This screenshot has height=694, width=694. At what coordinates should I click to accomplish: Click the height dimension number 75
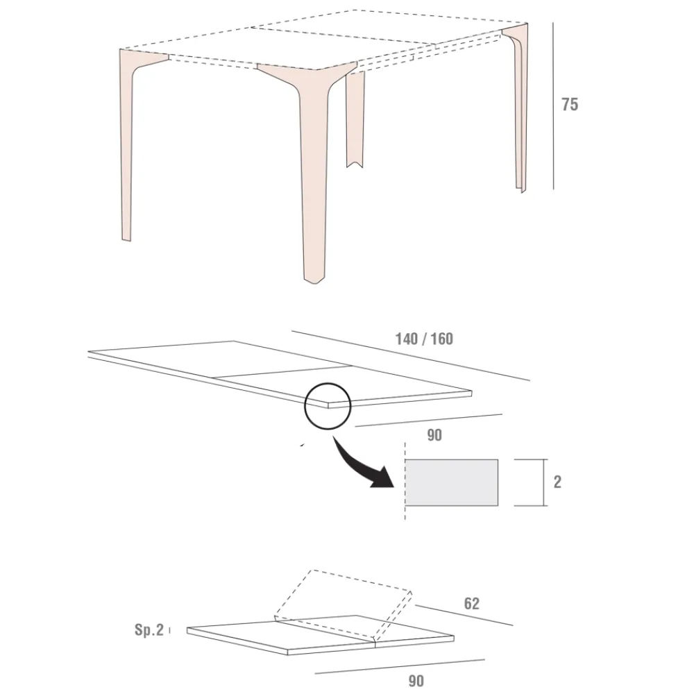[x=570, y=105]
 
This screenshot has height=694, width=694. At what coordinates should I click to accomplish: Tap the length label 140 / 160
[x=424, y=339]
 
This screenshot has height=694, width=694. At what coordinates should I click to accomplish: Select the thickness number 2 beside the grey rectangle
[x=557, y=482]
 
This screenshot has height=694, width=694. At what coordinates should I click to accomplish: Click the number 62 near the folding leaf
[x=471, y=604]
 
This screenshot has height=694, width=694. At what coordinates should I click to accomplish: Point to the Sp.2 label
[x=149, y=629]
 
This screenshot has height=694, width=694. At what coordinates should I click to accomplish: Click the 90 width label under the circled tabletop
[x=434, y=435]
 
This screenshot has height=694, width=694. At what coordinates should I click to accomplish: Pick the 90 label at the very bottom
[x=416, y=681]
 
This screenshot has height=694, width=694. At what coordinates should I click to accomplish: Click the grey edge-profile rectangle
[x=452, y=482]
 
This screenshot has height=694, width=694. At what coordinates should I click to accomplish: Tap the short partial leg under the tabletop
[x=355, y=119]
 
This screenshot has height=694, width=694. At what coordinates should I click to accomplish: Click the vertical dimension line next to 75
[x=553, y=106]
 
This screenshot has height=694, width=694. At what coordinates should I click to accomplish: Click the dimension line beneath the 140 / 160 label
[x=410, y=355]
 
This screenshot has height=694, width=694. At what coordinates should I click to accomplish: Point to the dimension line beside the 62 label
[x=464, y=615]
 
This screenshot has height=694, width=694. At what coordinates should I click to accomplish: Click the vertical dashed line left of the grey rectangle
[x=405, y=481]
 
